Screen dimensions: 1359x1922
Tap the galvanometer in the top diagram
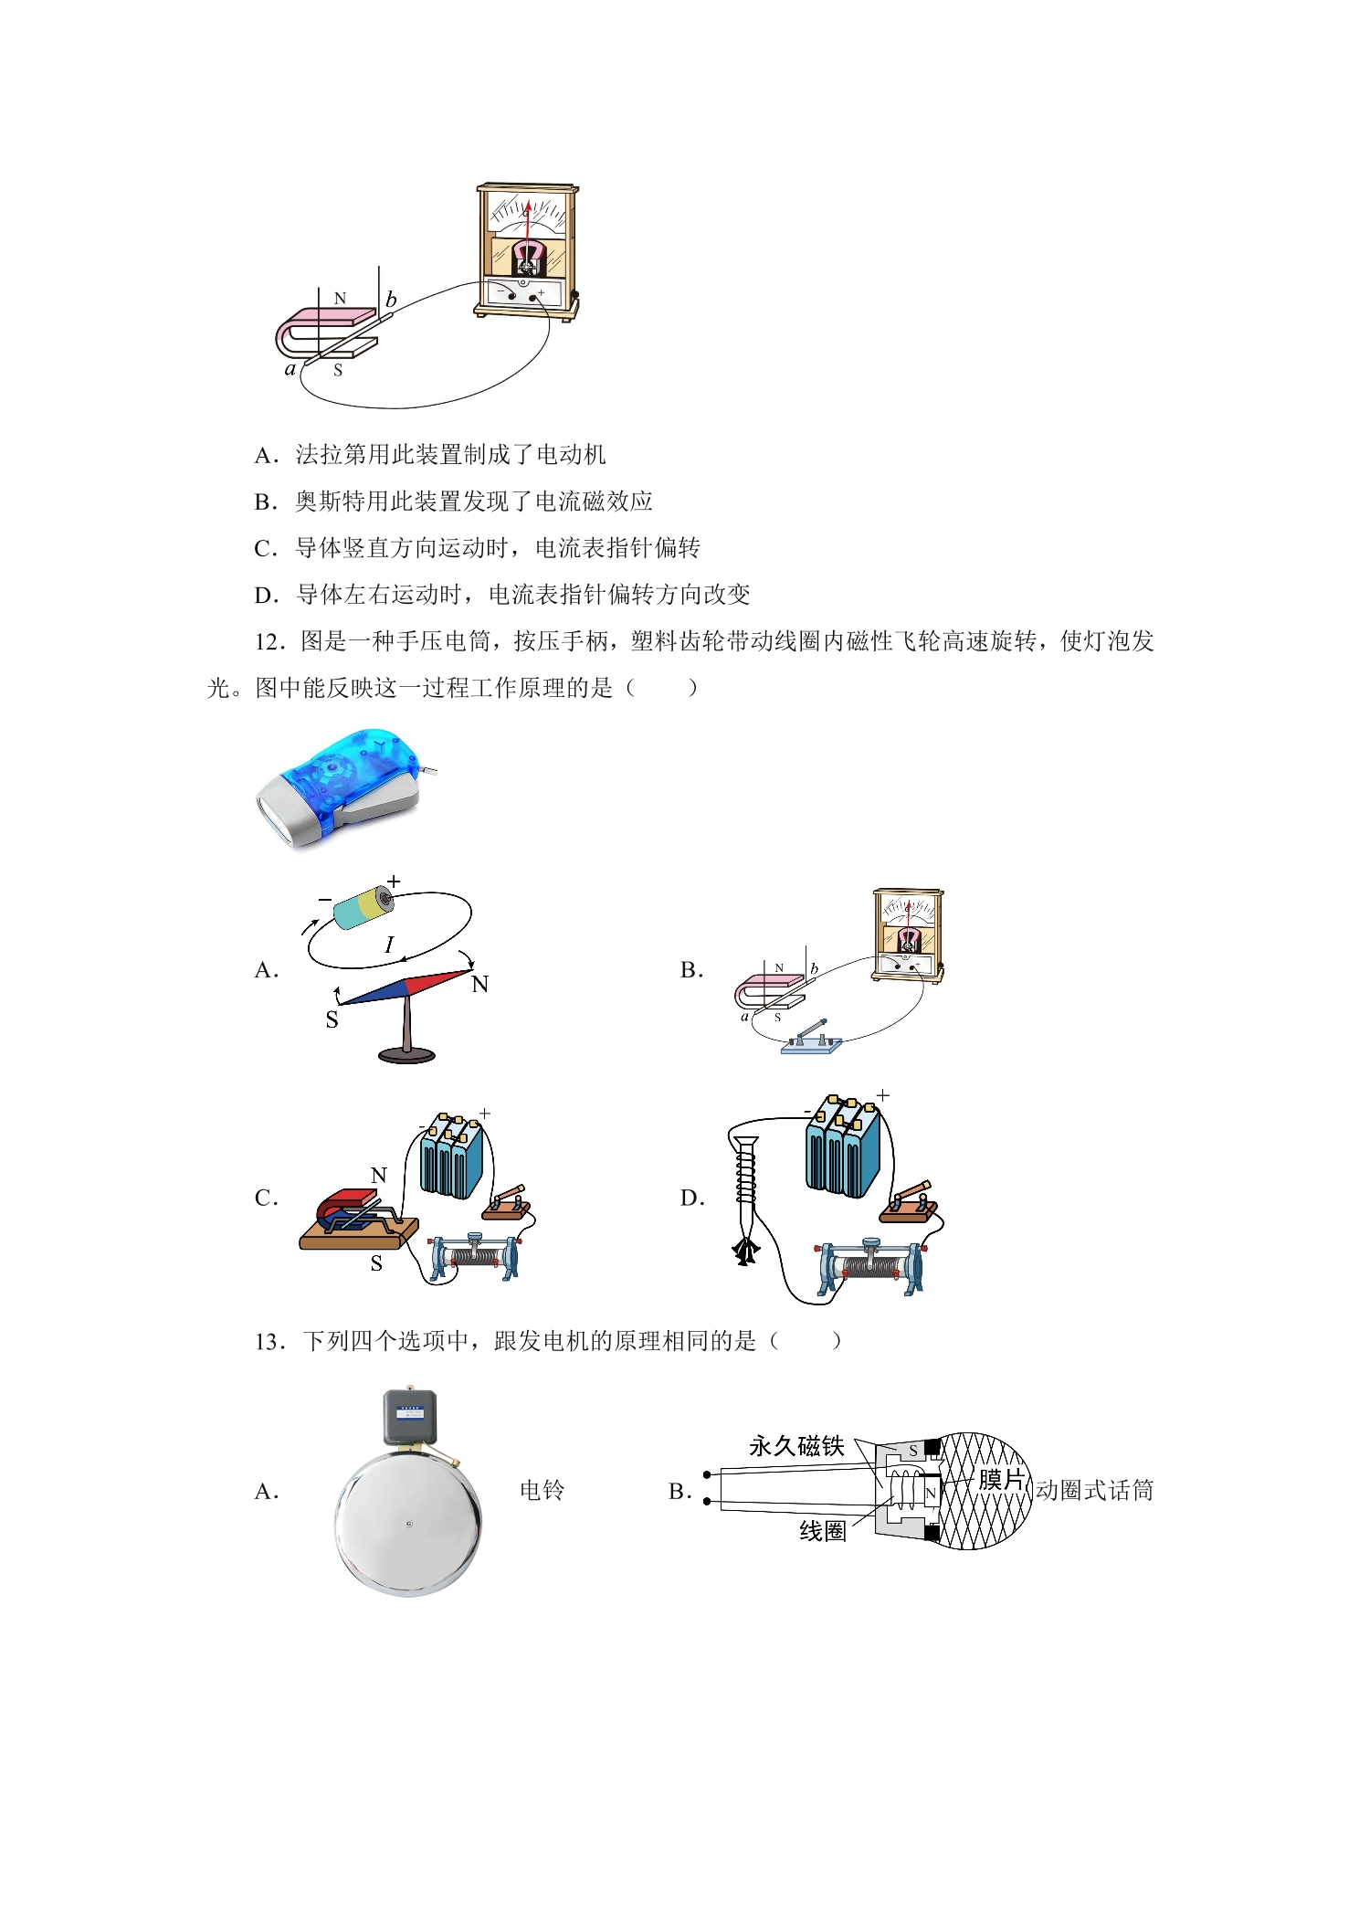click(527, 251)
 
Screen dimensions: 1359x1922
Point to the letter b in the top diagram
click(391, 299)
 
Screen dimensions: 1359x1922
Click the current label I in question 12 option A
click(389, 945)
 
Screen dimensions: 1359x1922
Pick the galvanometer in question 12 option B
click(908, 935)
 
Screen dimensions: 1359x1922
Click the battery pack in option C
click(451, 1156)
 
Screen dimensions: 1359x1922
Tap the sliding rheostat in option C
click(475, 1257)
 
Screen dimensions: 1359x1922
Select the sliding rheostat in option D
click(871, 1266)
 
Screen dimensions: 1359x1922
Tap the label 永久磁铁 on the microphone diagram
click(796, 1446)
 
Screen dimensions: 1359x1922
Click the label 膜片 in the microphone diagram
click(1001, 1479)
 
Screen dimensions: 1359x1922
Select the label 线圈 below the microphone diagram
click(823, 1531)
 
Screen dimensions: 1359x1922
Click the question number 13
click(271, 1341)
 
